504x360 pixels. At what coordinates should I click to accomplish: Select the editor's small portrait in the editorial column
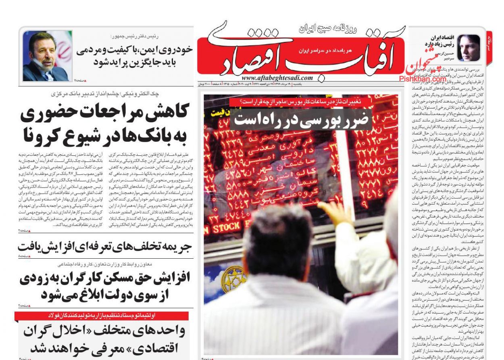click(x=469, y=48)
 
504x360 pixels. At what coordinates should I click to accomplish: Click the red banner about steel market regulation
click(x=101, y=316)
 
